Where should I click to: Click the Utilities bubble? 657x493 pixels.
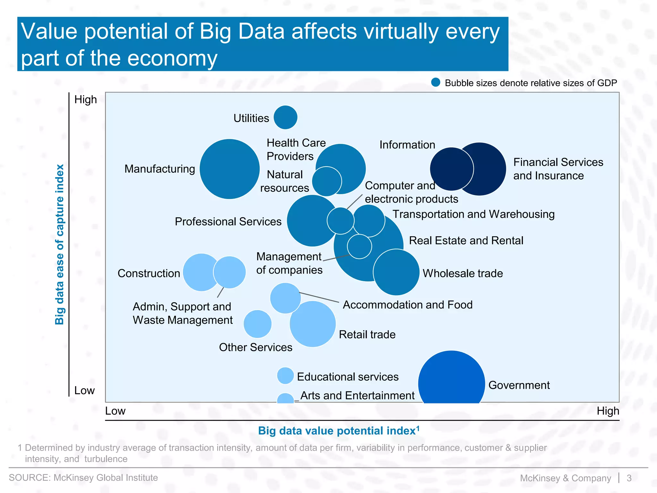285,117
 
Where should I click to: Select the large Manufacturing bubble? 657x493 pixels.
229,169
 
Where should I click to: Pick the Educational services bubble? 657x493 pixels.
285,376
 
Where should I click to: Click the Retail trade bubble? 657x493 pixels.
313,324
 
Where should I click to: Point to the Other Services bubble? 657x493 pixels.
257,324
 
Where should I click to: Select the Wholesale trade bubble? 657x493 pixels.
396,272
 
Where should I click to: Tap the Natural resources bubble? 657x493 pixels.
326,181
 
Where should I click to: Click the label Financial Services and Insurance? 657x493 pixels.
558,169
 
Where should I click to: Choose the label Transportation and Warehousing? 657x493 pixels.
474,214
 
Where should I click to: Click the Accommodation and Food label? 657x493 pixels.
407,305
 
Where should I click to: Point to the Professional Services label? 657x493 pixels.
228,221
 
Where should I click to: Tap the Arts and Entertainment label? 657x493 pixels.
357,395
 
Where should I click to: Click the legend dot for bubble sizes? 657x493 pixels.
435,82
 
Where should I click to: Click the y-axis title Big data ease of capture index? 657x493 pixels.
60,244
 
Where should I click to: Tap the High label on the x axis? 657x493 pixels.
608,411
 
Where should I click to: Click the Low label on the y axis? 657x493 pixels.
84,391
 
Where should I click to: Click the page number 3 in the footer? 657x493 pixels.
629,478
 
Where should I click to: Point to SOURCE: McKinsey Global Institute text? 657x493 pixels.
83,478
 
